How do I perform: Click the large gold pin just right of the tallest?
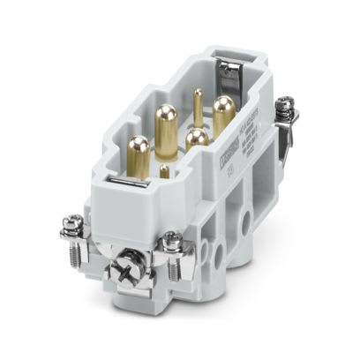point(196,139)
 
